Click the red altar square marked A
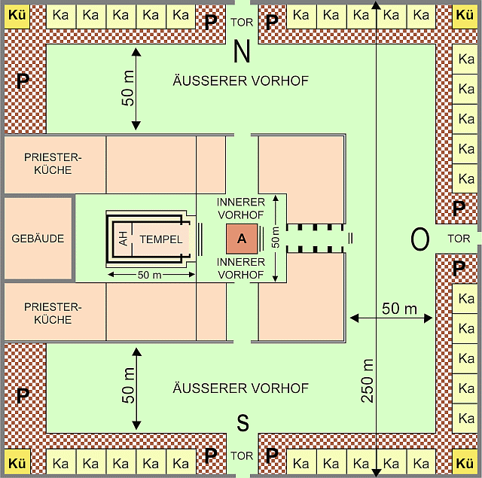[242, 239]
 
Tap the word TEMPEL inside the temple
[160, 239]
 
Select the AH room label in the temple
[124, 239]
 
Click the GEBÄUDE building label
[38, 239]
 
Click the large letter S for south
[243, 423]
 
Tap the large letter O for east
[419, 239]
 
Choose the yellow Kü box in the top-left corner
[17, 14]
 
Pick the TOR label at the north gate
[242, 23]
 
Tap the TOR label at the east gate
[458, 239]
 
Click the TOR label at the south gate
[242, 456]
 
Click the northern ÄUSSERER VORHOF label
[240, 81]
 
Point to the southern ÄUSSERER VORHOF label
[240, 388]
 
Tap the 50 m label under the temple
[149, 276]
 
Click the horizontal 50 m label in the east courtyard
[399, 309]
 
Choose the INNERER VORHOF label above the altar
[240, 209]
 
